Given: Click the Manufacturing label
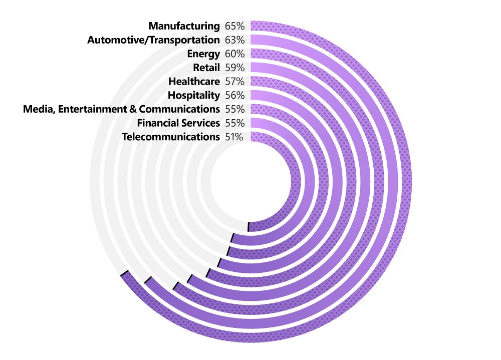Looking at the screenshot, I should [x=184, y=26].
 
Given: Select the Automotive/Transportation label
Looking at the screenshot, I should [x=153, y=40].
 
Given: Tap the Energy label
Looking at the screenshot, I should [x=203, y=54].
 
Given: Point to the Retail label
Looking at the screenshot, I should [x=206, y=68].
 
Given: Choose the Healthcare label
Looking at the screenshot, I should [x=194, y=81].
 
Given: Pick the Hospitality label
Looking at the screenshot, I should [x=194, y=95].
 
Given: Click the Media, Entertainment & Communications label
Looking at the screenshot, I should [x=121, y=109].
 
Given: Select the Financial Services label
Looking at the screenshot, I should [x=178, y=123].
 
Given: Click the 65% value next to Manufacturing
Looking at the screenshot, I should [x=234, y=26].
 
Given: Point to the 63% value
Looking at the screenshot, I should [x=234, y=40].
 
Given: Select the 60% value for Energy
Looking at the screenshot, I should [x=234, y=54].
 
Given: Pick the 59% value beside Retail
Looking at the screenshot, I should [x=234, y=68].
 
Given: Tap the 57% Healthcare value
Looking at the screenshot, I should [x=234, y=81].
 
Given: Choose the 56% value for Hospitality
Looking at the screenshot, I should [x=234, y=95].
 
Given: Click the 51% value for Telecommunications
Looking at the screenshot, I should [x=234, y=137].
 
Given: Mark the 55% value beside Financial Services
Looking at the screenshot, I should [x=234, y=123].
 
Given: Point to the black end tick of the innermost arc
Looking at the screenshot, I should [x=249, y=226].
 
